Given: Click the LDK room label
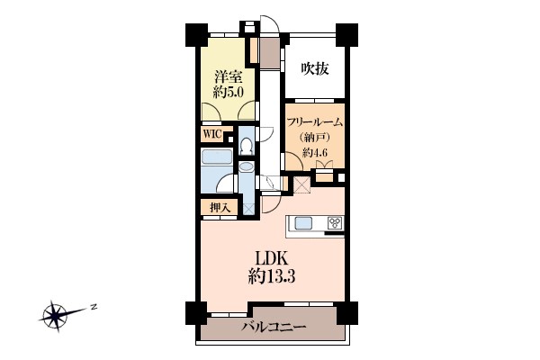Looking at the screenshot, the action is pyautogui.click(x=272, y=258).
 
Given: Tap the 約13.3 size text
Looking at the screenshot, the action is pyautogui.click(x=272, y=276).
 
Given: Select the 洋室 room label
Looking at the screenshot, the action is pyautogui.click(x=229, y=76).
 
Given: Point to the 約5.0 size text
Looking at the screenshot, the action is pyautogui.click(x=229, y=92).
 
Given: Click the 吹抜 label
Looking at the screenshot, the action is pyautogui.click(x=315, y=69).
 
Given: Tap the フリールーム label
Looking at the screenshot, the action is pyautogui.click(x=315, y=122).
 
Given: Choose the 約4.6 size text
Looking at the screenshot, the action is pyautogui.click(x=315, y=152).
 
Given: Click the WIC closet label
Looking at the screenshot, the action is pyautogui.click(x=212, y=134).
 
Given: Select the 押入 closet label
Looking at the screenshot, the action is pyautogui.click(x=220, y=208).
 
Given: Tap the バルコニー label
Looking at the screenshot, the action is pyautogui.click(x=274, y=327).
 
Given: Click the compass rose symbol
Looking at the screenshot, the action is pyautogui.click(x=55, y=316).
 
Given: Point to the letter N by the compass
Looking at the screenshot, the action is pyautogui.click(x=93, y=306).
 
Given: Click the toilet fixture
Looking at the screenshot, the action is pyautogui.click(x=247, y=146).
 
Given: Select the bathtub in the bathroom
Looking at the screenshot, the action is pyautogui.click(x=217, y=157).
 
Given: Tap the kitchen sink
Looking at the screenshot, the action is pyautogui.click(x=303, y=223).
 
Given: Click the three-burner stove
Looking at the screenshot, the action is pyautogui.click(x=336, y=223).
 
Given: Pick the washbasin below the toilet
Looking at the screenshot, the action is pyautogui.click(x=247, y=166).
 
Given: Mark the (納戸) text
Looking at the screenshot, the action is pyautogui.click(x=315, y=138).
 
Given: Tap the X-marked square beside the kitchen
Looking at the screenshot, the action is pyautogui.click(x=302, y=185).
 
